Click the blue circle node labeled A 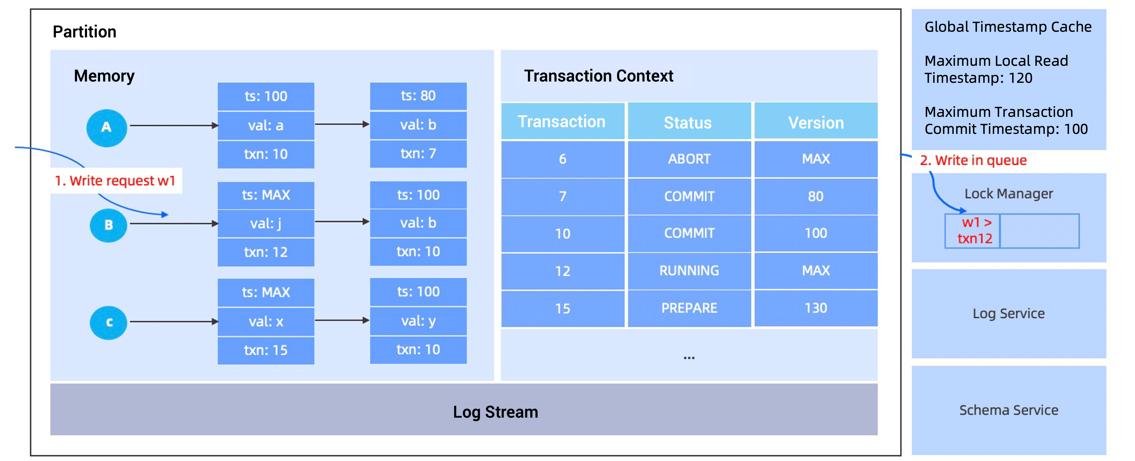tap(107, 128)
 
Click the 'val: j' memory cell tap(266, 223)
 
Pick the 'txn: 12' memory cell tap(266, 252)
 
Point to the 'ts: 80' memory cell tap(418, 96)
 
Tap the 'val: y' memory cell tap(418, 321)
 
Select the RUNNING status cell tap(689, 271)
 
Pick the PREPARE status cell tap(689, 308)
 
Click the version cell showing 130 tap(816, 308)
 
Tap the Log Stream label tap(495, 412)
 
